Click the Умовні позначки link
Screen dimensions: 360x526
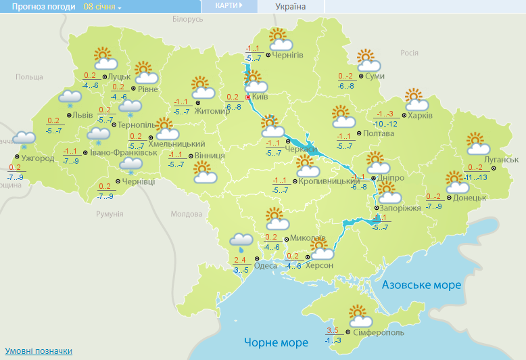[39, 351]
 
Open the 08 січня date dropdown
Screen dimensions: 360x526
[102, 7]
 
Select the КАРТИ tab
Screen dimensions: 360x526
[229, 6]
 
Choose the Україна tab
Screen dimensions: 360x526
[291, 7]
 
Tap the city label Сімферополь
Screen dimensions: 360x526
[379, 333]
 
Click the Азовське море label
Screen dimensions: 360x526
[421, 286]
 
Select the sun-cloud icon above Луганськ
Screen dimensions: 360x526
[479, 143]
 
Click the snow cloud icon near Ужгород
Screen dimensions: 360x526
[24, 140]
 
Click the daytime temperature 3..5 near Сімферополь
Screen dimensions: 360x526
[332, 330]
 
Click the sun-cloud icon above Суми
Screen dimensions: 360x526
[367, 60]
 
